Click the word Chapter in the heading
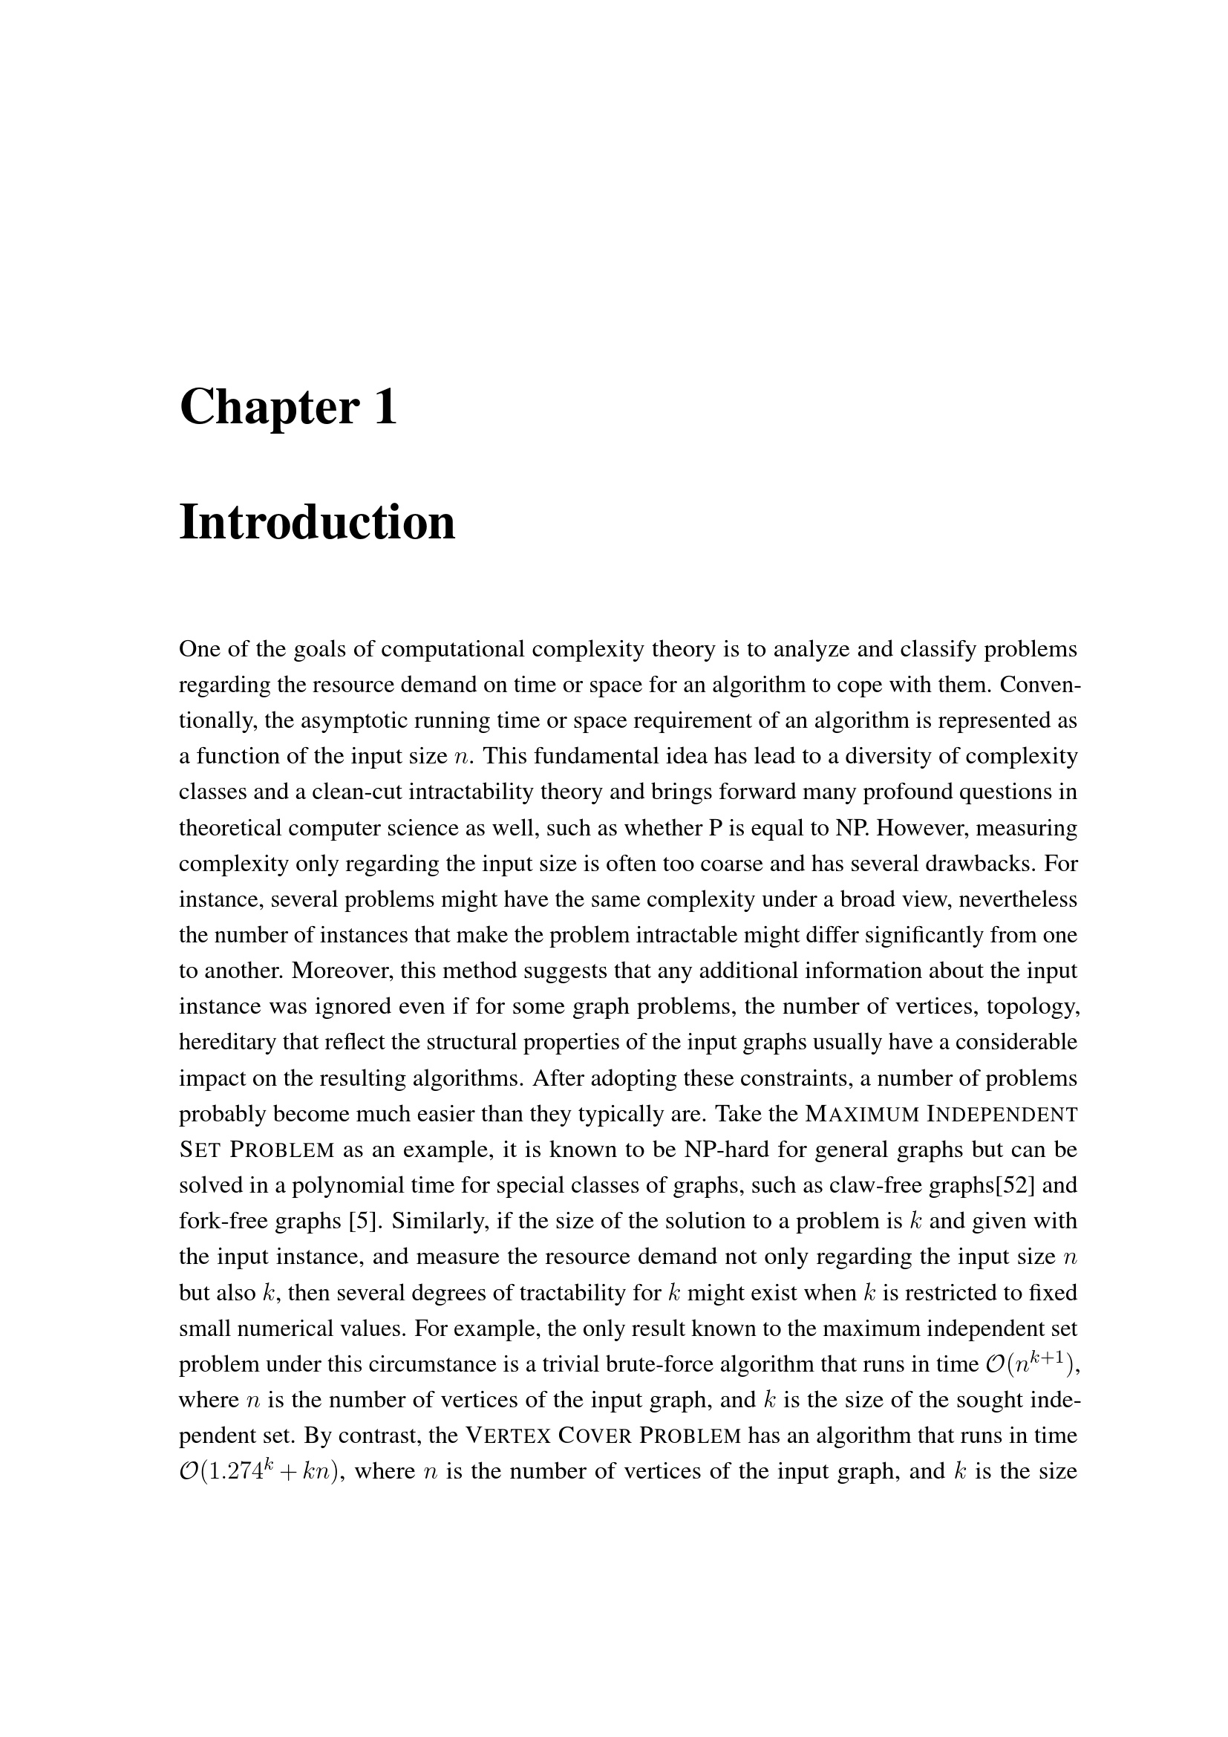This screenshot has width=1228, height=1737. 268,408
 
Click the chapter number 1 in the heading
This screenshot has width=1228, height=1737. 385,406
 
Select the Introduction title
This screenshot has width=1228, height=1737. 317,522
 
